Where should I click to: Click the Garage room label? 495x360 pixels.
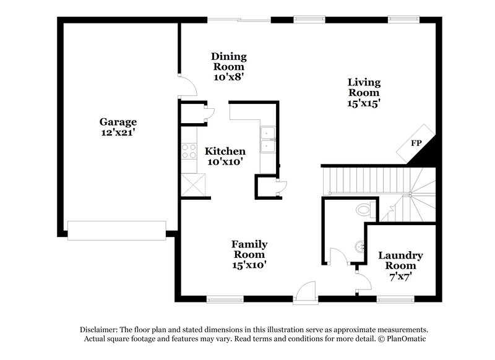pyautogui.click(x=118, y=122)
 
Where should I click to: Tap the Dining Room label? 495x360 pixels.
pyautogui.click(x=229, y=61)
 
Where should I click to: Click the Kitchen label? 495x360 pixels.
pyautogui.click(x=225, y=151)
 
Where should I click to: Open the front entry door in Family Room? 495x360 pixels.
pyautogui.click(x=305, y=292)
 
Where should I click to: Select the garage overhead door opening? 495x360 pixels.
pyautogui.click(x=116, y=230)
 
